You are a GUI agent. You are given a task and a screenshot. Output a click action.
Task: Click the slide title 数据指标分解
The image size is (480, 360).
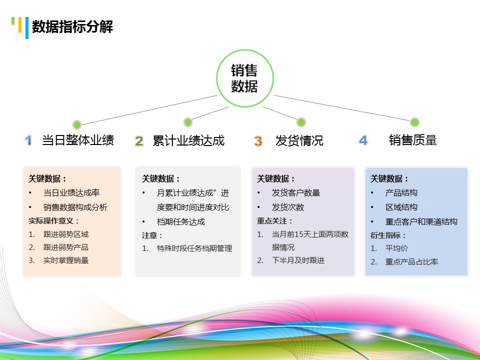pyautogui.click(x=72, y=27)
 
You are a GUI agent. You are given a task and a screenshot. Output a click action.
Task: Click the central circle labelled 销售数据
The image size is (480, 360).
pyautogui.click(x=244, y=78)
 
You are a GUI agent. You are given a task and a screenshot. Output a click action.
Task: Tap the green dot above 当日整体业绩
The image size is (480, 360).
pyautogui.click(x=77, y=124)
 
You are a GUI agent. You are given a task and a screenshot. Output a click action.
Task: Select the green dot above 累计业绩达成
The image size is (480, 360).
pyautogui.click(x=188, y=122)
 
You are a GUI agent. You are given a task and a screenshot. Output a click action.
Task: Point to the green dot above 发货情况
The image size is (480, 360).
pyautogui.click(x=301, y=122)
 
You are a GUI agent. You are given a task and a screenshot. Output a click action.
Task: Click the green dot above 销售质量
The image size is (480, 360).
pyautogui.click(x=414, y=122)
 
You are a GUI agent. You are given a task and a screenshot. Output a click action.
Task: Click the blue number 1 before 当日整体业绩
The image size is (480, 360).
pyautogui.click(x=28, y=140)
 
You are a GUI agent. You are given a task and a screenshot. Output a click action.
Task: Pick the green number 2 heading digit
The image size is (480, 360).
pyautogui.click(x=139, y=141)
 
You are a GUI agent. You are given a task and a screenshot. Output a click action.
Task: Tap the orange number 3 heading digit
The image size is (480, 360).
pyautogui.click(x=258, y=141)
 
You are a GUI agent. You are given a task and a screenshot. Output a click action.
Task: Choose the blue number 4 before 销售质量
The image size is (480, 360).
pyautogui.click(x=363, y=141)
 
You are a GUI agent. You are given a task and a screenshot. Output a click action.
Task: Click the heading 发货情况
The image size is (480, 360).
pyautogui.click(x=299, y=141)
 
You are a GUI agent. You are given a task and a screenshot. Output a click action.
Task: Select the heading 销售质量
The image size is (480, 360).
pyautogui.click(x=413, y=140)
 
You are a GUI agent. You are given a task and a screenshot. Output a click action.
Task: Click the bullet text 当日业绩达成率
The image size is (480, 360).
pyautogui.click(x=71, y=193)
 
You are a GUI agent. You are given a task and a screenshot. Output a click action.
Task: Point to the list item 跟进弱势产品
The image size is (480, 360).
pyautogui.click(x=66, y=247)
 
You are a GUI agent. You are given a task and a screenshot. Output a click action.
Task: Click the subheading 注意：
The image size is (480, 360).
pyautogui.click(x=152, y=235)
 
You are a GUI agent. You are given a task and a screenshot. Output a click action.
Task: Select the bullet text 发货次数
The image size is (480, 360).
pyautogui.click(x=288, y=207)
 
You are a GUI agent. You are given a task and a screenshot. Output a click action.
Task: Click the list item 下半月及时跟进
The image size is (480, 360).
pyautogui.click(x=298, y=260)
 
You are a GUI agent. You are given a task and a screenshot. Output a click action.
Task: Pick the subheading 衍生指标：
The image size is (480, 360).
pyautogui.click(x=388, y=235)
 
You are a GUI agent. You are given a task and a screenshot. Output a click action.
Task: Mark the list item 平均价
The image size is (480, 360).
pyautogui.click(x=396, y=248)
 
